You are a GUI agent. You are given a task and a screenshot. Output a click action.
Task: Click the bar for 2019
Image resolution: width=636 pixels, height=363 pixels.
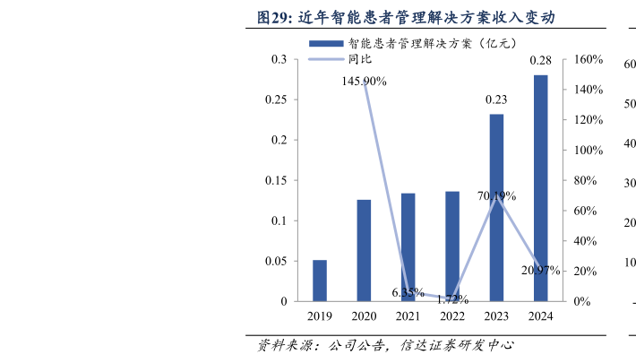[x=320, y=281]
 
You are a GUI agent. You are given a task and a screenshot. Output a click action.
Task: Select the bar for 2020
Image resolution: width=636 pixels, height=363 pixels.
[x=364, y=250]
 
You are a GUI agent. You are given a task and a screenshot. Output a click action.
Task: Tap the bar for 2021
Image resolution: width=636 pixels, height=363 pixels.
[x=408, y=246]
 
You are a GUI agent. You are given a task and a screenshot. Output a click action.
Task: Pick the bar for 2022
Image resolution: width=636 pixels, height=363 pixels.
[x=452, y=246]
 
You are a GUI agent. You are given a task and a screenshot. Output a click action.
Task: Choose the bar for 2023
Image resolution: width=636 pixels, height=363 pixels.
[x=496, y=207]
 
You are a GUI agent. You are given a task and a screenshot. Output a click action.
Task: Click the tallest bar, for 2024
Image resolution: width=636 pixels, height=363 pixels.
[x=540, y=187]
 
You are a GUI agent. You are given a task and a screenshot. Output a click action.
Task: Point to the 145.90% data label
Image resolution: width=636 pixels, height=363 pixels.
[x=364, y=82]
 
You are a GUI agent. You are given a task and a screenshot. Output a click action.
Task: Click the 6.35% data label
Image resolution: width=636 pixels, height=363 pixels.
[x=408, y=292]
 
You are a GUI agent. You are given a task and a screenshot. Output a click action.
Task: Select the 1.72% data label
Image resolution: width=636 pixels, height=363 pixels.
[x=452, y=299]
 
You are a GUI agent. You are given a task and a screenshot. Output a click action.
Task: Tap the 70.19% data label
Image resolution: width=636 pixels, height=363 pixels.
[x=496, y=195]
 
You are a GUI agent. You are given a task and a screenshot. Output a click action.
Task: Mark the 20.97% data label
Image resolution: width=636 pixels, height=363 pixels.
[x=540, y=270]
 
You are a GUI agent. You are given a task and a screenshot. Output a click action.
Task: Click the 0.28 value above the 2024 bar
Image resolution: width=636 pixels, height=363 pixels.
[x=540, y=61]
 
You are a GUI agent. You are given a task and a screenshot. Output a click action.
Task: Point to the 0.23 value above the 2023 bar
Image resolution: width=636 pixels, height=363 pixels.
[x=496, y=99]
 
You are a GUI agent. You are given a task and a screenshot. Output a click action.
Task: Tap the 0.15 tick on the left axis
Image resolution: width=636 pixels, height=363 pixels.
[x=279, y=180]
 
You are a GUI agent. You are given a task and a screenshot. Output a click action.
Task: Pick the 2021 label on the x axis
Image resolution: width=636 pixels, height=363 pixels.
[x=408, y=316]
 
